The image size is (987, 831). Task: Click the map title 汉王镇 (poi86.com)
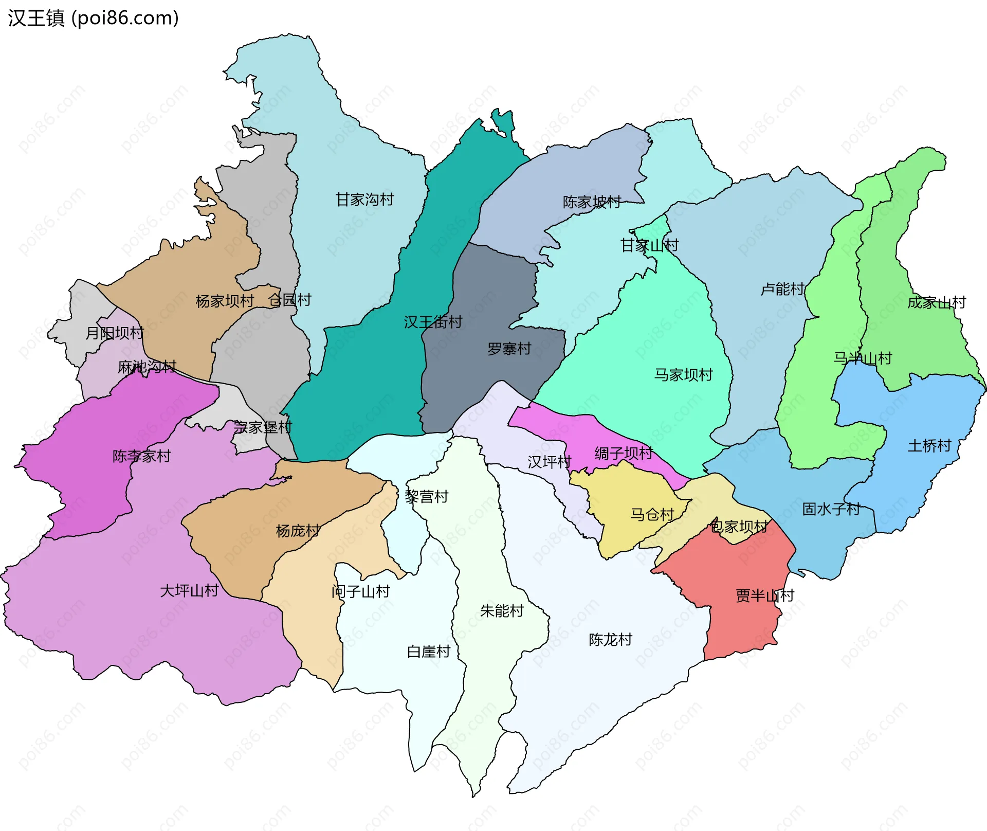coord(93,18)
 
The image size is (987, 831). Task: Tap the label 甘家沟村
coord(364,200)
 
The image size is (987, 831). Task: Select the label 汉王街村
coord(433,322)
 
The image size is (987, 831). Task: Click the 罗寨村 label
coord(509,349)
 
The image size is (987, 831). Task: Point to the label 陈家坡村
coord(592,202)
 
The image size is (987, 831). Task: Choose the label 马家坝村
coord(683,375)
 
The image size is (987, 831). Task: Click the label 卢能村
coord(782,290)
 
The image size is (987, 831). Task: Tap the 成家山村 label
coord(937,302)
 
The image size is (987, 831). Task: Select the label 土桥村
coord(929,446)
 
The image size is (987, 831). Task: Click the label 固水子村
coord(831,510)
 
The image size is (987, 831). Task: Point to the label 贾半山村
coord(765,596)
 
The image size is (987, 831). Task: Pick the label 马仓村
coord(652,515)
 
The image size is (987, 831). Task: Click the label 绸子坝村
coord(624,454)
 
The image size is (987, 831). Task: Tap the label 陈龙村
coord(610,640)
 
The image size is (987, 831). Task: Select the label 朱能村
coord(502,611)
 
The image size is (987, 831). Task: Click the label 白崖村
coord(428,652)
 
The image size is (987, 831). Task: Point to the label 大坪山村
coord(189,591)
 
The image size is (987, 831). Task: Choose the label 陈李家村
coord(141,456)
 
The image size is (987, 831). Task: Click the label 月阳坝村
coord(114,333)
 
